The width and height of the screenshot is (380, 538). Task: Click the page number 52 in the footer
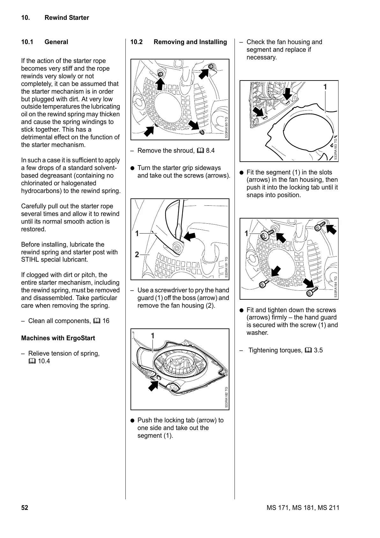tap(25, 508)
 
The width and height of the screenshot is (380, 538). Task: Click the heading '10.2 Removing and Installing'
tap(179, 42)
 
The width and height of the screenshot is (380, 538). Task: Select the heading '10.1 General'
tap(45, 42)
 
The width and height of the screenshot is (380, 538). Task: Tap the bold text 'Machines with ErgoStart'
tap(58, 338)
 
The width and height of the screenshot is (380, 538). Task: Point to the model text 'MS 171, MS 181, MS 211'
tap(303, 508)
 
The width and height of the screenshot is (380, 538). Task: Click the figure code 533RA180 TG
tap(226, 127)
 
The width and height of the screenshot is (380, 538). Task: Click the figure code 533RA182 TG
tap(226, 397)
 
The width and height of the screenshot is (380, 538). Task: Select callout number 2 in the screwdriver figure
tap(137, 255)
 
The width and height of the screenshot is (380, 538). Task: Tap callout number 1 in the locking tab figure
tap(153, 336)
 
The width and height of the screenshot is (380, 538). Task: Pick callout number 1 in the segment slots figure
tap(325, 87)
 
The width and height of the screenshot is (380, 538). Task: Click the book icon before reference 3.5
tap(308, 350)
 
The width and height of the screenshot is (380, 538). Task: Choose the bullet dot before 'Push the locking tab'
tap(133, 420)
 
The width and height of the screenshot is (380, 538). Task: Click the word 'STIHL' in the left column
tap(30, 260)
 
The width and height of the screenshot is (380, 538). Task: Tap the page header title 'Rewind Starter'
tap(67, 18)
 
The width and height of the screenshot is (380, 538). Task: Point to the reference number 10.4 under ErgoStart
tap(44, 361)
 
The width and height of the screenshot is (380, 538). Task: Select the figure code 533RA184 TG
tap(336, 287)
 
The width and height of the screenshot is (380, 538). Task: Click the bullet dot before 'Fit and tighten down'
tap(242, 310)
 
